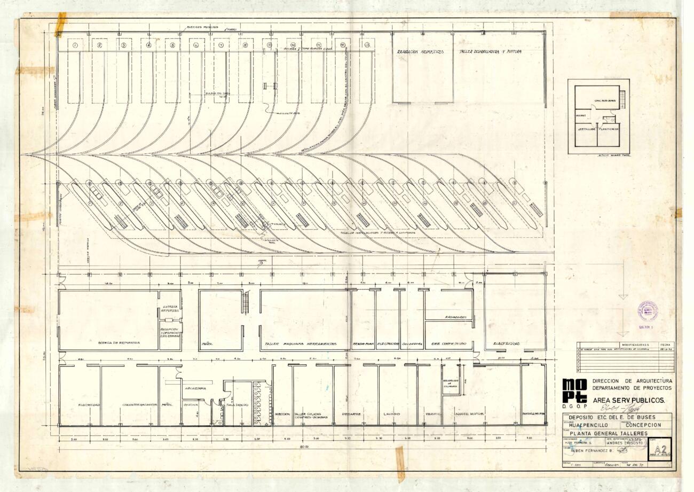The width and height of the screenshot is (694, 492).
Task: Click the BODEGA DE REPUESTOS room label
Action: pyautogui.click(x=119, y=342)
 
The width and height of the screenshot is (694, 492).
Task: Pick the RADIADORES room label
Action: pyautogui.click(x=456, y=317)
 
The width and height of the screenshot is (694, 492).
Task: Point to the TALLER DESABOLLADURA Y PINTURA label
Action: pyautogui.click(x=490, y=52)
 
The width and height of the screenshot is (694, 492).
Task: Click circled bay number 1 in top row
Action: pyautogui.click(x=75, y=45)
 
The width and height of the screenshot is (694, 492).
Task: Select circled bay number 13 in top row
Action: pyautogui.click(x=367, y=45)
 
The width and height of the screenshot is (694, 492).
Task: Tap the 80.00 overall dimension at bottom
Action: pyautogui.click(x=304, y=446)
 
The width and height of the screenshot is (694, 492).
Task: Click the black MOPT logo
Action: pyautogui.click(x=574, y=391)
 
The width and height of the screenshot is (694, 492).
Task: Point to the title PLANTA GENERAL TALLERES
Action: pyautogui.click(x=609, y=433)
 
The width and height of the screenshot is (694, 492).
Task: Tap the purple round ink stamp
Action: pyautogui.click(x=648, y=311)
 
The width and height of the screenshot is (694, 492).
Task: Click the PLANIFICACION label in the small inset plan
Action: pyautogui.click(x=609, y=129)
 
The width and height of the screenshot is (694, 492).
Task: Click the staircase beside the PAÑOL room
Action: pyautogui.click(x=246, y=302)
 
